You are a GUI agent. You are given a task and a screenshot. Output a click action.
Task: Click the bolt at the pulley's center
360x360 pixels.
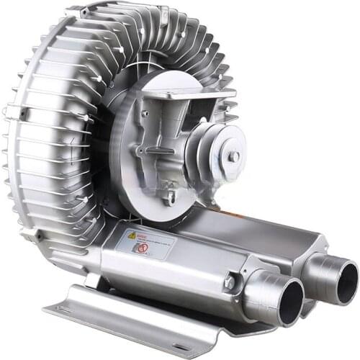click(233, 156)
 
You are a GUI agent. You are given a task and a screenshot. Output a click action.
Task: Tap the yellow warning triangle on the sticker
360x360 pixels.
click(132, 235)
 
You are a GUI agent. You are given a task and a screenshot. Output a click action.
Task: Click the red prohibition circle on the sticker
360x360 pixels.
click(143, 248)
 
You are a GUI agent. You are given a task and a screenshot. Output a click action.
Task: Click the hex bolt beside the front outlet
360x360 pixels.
click(230, 282)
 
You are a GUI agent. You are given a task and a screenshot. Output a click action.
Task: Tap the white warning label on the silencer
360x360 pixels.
click(152, 243)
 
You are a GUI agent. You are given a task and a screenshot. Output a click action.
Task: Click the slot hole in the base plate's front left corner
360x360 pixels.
click(66, 308)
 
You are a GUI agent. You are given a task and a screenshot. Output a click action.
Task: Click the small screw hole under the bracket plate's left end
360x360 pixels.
click(145, 112)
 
